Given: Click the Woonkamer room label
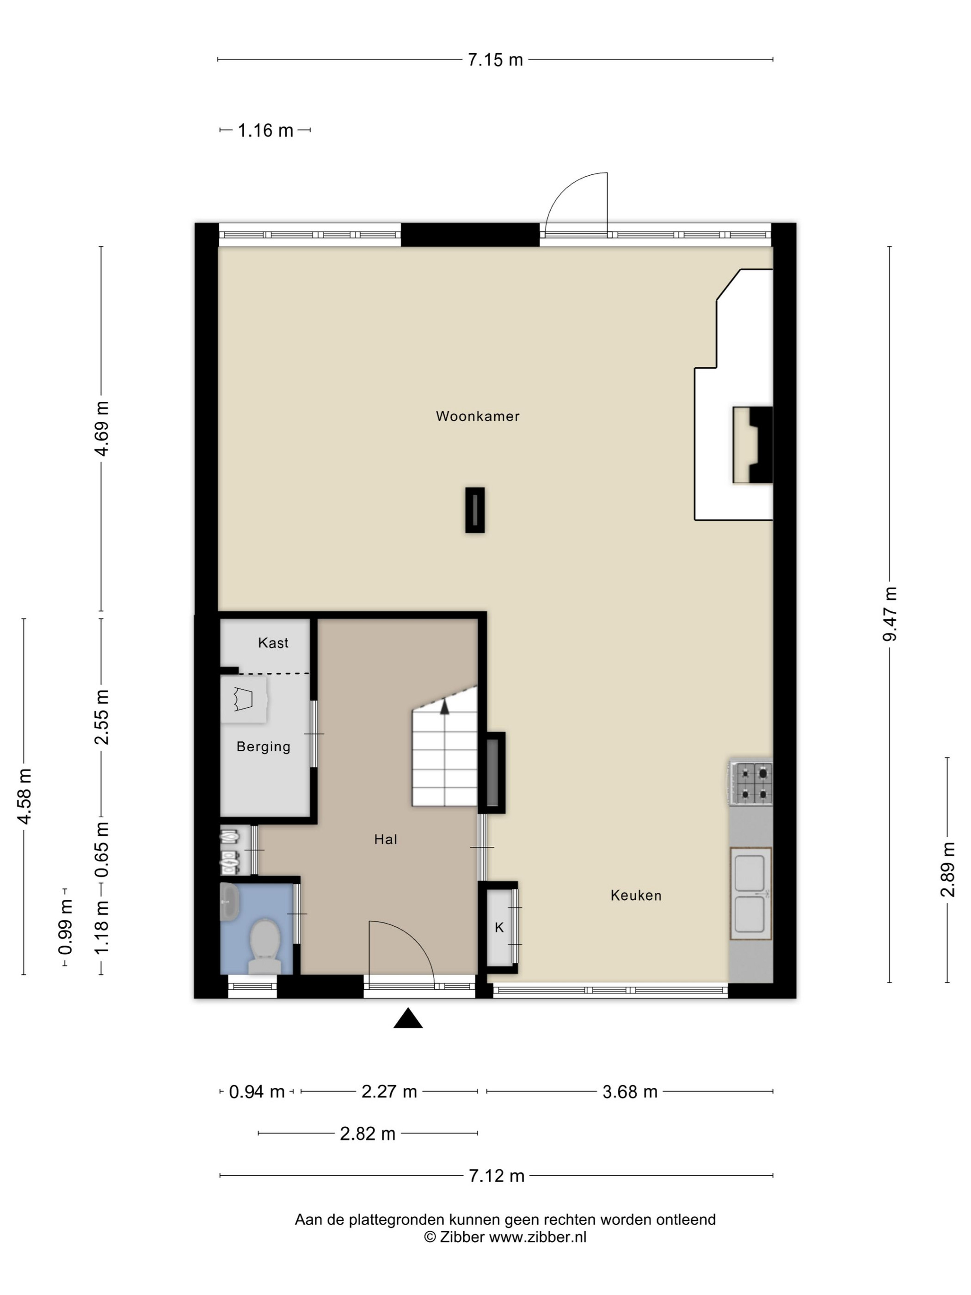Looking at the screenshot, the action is click(477, 416).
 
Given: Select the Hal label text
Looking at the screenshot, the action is click(386, 839).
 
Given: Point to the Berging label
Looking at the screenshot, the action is click(264, 746).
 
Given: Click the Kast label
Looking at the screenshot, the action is click(273, 643).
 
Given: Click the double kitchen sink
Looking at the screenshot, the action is click(750, 894).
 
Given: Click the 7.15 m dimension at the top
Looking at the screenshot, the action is click(495, 60).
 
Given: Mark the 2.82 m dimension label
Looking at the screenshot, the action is click(368, 1134).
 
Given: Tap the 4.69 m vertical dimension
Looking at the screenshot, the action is click(101, 429).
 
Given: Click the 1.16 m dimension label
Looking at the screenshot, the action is click(265, 130).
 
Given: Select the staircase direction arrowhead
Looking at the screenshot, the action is click(445, 707).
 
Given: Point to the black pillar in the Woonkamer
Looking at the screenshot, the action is click(475, 510).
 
